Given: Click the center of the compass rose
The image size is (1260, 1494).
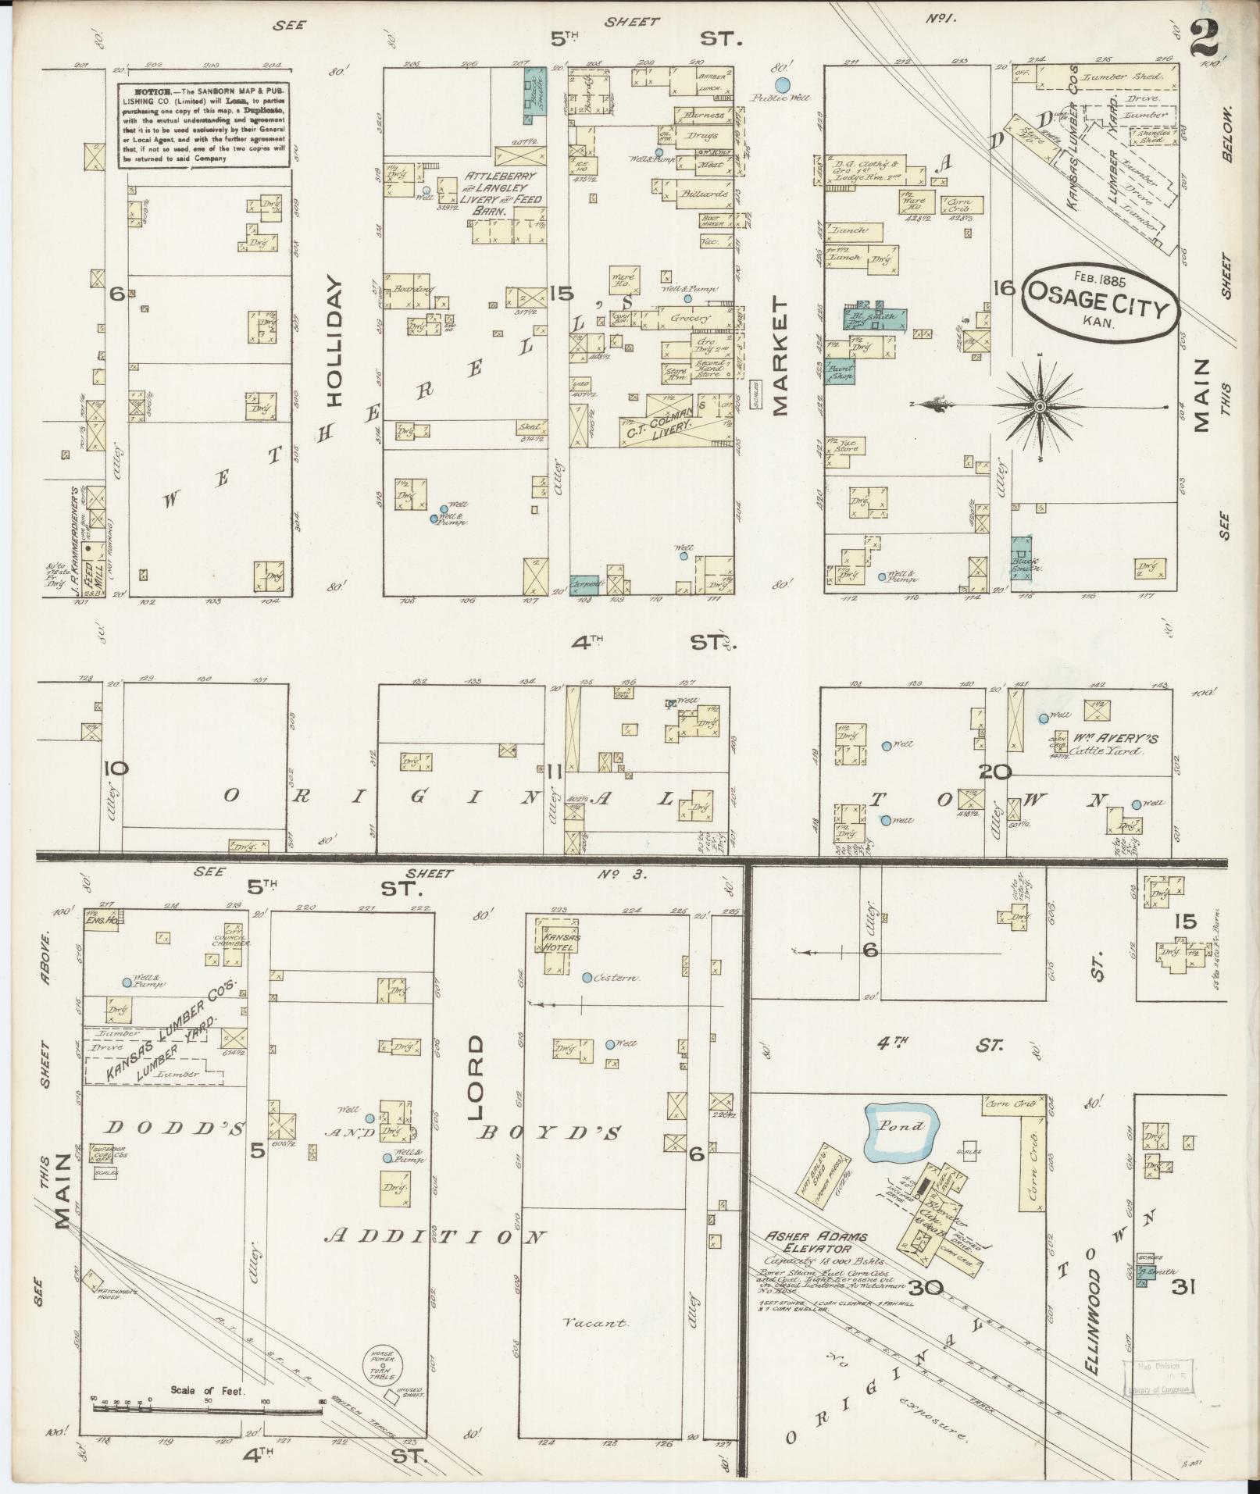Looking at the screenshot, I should click(x=1040, y=407).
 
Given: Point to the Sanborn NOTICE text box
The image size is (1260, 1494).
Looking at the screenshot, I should click(x=205, y=125).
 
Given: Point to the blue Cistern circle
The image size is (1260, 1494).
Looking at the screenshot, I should click(x=587, y=977).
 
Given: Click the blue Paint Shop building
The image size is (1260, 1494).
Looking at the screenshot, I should click(x=839, y=373).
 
